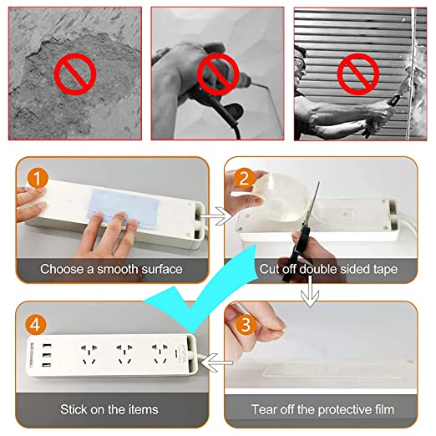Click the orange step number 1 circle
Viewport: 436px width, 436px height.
click(x=38, y=179)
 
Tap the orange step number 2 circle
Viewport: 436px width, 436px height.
click(x=244, y=179)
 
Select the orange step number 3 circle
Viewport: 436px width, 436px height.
click(x=246, y=325)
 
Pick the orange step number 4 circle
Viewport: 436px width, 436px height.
click(x=36, y=325)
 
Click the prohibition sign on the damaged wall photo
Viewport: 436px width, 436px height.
click(x=75, y=74)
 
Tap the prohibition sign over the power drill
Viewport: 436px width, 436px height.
click(x=218, y=74)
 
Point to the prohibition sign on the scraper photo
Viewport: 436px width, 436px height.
click(x=358, y=74)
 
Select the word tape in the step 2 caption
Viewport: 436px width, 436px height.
click(x=386, y=270)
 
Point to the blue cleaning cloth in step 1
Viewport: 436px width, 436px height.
click(x=123, y=205)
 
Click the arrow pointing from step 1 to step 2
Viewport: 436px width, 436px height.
click(x=216, y=216)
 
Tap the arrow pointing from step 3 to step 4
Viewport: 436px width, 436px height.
click(x=216, y=362)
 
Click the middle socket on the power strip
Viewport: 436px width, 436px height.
click(x=124, y=354)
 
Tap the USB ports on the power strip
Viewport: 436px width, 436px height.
click(x=47, y=355)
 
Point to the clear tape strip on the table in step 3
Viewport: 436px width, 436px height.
click(x=332, y=370)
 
